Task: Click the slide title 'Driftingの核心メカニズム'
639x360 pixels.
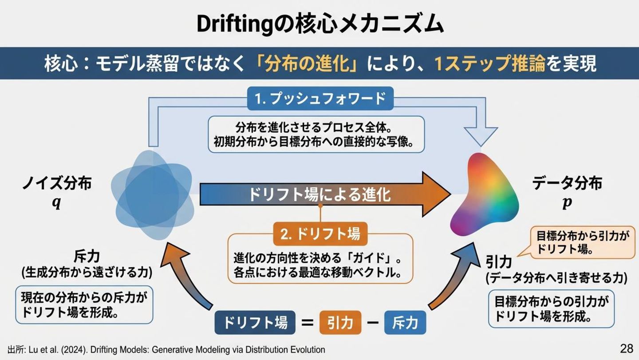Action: point(319,24)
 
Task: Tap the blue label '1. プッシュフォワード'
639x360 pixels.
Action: point(320,98)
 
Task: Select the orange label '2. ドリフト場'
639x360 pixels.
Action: point(320,233)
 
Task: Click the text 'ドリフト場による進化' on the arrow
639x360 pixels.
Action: point(319,194)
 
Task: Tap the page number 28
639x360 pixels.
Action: point(626,348)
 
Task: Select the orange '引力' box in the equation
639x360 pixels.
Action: point(340,323)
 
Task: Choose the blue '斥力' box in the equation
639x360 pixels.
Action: point(405,323)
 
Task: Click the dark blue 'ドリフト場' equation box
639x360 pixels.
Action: point(255,323)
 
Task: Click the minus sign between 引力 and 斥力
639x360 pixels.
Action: point(373,323)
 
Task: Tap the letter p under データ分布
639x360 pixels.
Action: point(567,203)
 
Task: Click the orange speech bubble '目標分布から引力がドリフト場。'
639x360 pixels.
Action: point(583,243)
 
